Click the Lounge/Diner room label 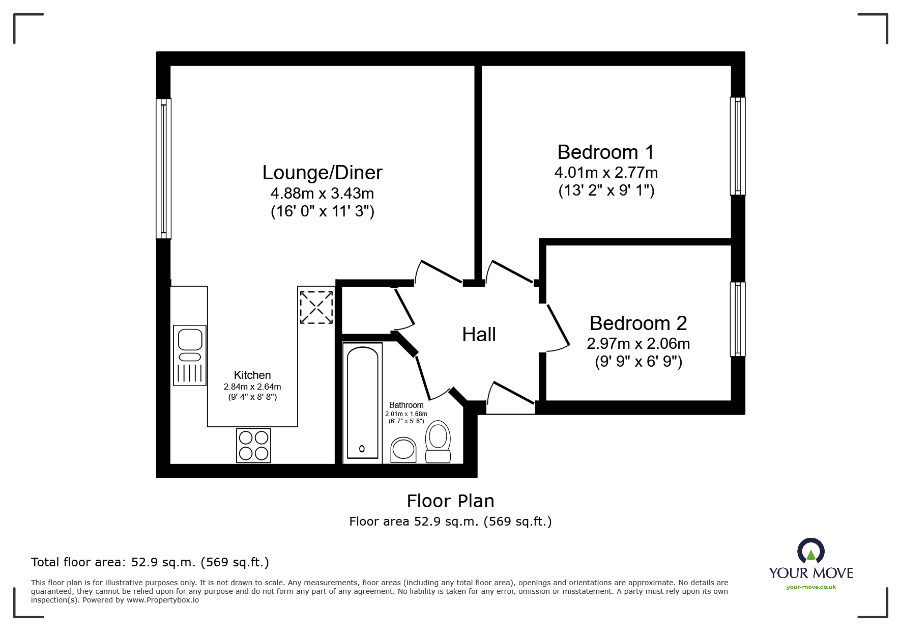(322, 173)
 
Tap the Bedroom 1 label (606, 152)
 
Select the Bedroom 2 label (638, 323)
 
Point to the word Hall (479, 335)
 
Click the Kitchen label (252, 375)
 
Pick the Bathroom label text (406, 405)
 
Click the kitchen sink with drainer (190, 355)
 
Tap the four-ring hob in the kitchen (253, 446)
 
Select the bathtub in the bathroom (362, 403)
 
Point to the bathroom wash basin (403, 449)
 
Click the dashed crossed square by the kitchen (316, 307)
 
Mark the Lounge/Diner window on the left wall (163, 168)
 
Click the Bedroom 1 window (738, 146)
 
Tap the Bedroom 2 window (738, 319)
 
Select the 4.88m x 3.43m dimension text (322, 194)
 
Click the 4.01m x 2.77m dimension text (606, 173)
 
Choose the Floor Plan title (451, 501)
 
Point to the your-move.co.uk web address (811, 587)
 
